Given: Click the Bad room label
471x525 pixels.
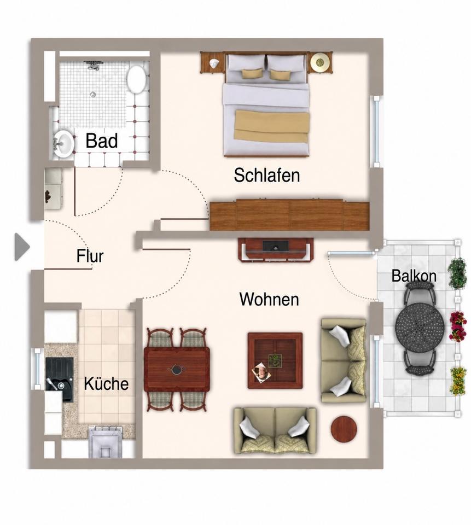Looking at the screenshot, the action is (x=102, y=141).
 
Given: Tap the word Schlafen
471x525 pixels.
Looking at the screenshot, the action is (x=266, y=175).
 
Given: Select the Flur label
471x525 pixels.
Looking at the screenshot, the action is (x=90, y=256).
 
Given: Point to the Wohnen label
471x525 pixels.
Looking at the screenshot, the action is (x=269, y=299).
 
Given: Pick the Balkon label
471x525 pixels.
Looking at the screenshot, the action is (x=414, y=276).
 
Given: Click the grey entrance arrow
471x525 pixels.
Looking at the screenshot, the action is (x=22, y=247).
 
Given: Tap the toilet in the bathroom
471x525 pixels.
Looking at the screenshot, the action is (x=136, y=79).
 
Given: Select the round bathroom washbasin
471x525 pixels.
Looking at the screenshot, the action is (x=63, y=143).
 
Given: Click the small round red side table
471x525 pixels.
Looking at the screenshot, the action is (x=344, y=429).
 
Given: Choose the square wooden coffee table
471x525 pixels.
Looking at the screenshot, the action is (x=275, y=360).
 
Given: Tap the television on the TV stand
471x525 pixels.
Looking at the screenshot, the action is (x=275, y=246).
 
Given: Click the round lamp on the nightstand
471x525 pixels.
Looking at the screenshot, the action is (x=320, y=62).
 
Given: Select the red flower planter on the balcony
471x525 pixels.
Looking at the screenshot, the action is (x=458, y=326).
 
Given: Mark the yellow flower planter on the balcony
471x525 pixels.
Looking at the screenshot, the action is (x=458, y=381).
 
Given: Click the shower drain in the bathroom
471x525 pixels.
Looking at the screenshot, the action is (x=94, y=95).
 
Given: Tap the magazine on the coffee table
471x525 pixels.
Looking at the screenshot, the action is (x=261, y=372).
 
